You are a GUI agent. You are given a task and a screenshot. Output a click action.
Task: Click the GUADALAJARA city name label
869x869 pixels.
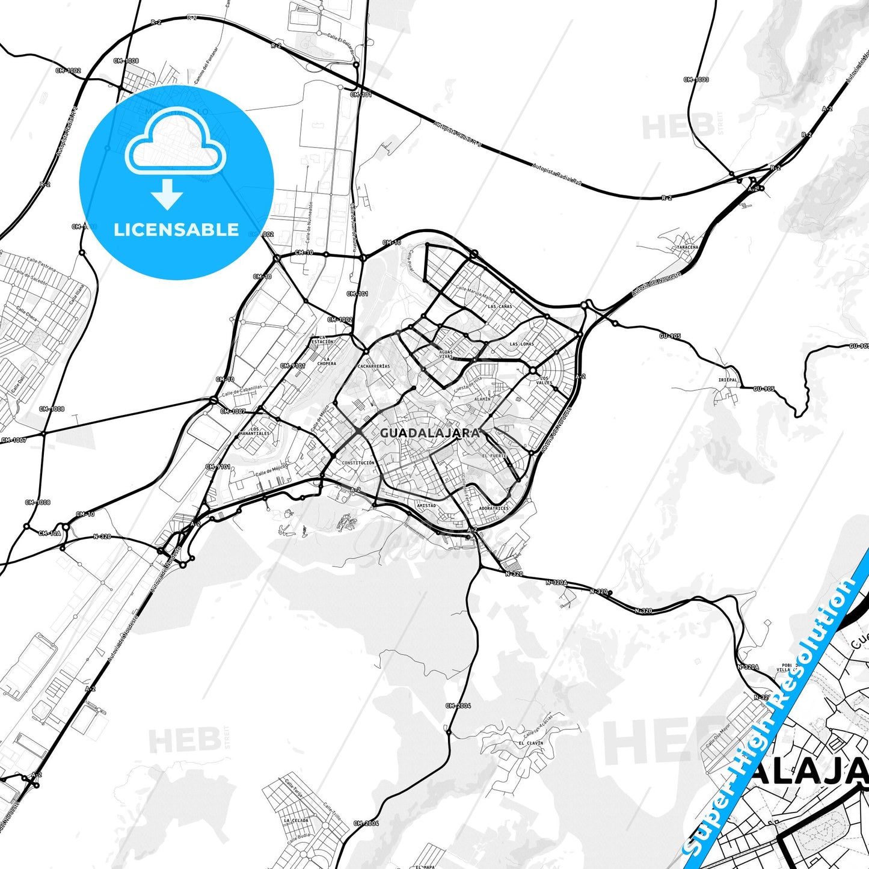430,433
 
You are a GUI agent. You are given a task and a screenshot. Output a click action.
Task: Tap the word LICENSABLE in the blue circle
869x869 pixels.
176,230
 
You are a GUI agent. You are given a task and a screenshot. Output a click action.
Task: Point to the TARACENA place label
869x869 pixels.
687,247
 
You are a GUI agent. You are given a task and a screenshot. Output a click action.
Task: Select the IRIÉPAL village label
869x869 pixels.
728,380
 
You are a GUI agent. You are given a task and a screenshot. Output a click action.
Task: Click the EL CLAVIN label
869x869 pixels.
530,743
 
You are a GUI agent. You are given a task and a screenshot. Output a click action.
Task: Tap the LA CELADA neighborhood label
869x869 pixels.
296,820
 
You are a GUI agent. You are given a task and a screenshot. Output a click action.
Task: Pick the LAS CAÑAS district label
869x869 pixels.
500,307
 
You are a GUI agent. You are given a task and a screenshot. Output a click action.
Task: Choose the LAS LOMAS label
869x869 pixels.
521,345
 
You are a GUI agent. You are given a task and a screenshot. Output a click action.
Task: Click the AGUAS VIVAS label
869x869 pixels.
446,354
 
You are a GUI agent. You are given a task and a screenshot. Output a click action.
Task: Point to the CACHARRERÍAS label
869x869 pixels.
373,366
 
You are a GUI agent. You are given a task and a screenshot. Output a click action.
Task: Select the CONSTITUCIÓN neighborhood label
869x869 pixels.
358,463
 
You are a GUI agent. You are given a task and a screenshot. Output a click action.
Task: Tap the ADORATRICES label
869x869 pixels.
494,509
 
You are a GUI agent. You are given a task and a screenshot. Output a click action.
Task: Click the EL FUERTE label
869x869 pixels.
494,456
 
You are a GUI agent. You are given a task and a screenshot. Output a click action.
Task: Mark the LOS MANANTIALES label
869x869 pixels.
255,432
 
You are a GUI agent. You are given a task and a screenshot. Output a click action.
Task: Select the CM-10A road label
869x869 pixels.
49,533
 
